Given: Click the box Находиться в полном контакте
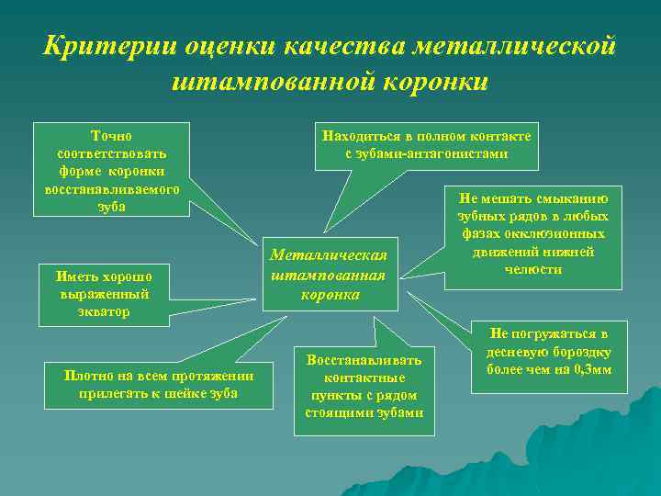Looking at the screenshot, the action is point(426,144).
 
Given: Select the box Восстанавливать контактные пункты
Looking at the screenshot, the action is point(364,386).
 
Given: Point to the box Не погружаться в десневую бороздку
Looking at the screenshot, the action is point(549,352).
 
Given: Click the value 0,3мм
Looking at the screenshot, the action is point(591,370).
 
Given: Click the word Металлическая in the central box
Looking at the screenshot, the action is point(328,254).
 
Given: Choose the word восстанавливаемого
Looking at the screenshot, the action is point(111,189).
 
